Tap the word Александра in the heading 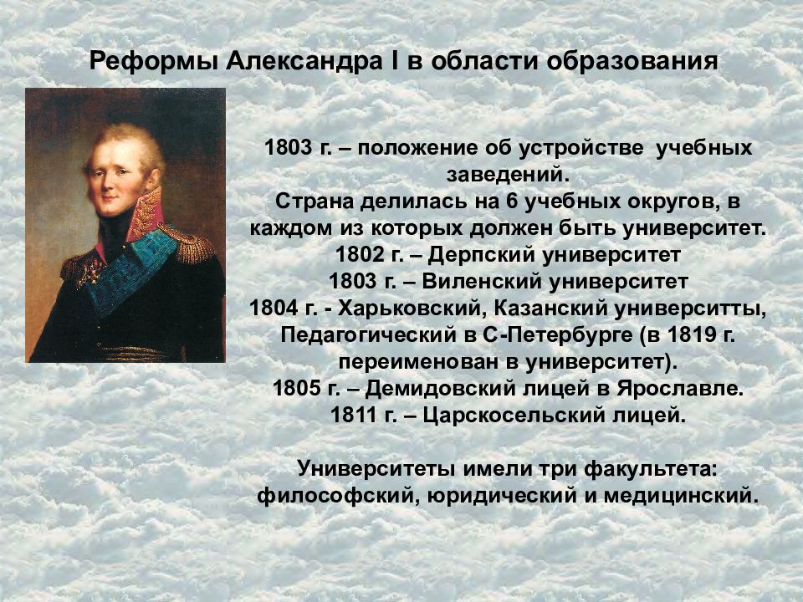click(x=304, y=61)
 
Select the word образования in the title click(x=632, y=61)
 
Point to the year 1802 click(x=360, y=254)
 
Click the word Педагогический click(x=368, y=334)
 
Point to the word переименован click(x=419, y=362)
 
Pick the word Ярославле click(x=680, y=389)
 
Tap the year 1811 click(x=354, y=416)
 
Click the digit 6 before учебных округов click(x=513, y=202)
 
